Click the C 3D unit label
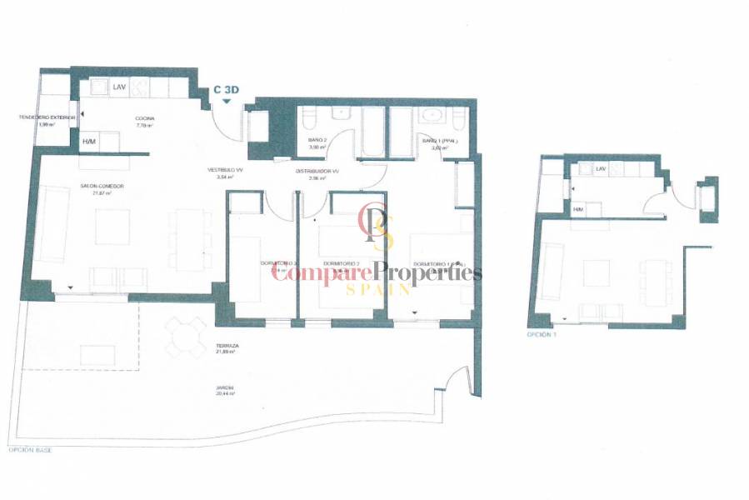click(x=227, y=89)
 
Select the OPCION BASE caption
click(x=29, y=450)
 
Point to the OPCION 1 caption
click(x=540, y=334)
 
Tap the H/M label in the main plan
click(x=88, y=142)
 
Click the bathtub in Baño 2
click(x=371, y=132)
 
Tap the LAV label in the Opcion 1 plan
click(x=600, y=169)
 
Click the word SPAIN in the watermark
click(x=379, y=289)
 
